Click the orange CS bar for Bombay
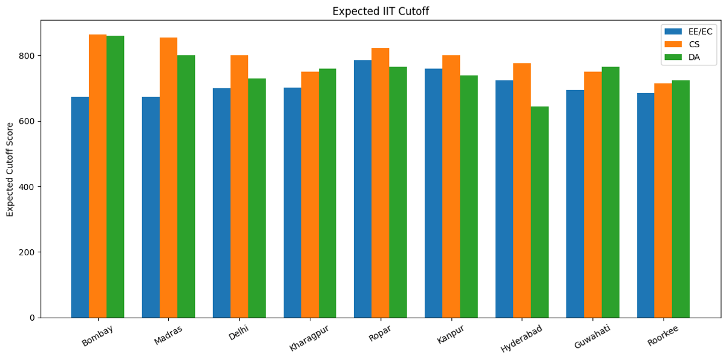pyautogui.click(x=97, y=175)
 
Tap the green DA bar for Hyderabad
pyautogui.click(x=540, y=212)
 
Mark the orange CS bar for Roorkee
pyautogui.click(x=663, y=200)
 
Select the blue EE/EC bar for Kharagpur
pyautogui.click(x=292, y=203)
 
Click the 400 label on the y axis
pyautogui.click(x=28, y=187)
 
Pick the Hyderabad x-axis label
pyautogui.click(x=522, y=338)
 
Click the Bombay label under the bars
pyautogui.click(x=97, y=335)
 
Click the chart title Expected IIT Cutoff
pyautogui.click(x=381, y=11)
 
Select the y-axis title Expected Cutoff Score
pyautogui.click(x=10, y=169)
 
